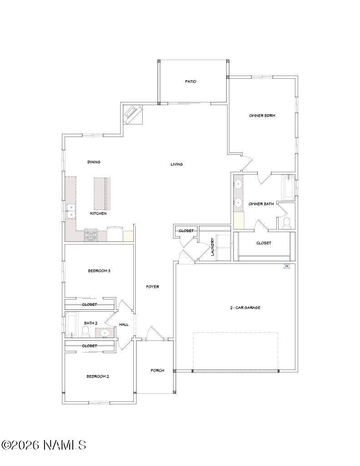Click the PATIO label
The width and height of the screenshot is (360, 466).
[191, 81]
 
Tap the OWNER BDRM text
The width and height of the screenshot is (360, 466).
[262, 115]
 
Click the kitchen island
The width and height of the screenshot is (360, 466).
[102, 193]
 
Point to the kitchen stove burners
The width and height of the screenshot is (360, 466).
[91, 235]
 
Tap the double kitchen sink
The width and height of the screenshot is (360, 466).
[71, 211]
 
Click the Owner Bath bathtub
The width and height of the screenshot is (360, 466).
[288, 188]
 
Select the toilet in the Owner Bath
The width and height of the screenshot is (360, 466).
[287, 223]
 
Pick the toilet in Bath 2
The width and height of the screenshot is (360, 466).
[86, 332]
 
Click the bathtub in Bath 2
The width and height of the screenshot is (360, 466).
[71, 324]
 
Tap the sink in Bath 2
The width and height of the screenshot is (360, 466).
[105, 333]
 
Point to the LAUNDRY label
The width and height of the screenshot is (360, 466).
[213, 246]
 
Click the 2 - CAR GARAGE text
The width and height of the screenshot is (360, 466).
[245, 308]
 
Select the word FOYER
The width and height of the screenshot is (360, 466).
[152, 287]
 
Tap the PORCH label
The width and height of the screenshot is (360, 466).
[157, 370]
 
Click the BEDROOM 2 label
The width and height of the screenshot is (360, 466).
[98, 376]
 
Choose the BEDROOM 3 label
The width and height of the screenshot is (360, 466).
[99, 271]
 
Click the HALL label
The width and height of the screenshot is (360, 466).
[124, 324]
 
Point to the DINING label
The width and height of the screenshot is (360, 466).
[94, 162]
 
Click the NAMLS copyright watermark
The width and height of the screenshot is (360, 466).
[44, 445]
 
